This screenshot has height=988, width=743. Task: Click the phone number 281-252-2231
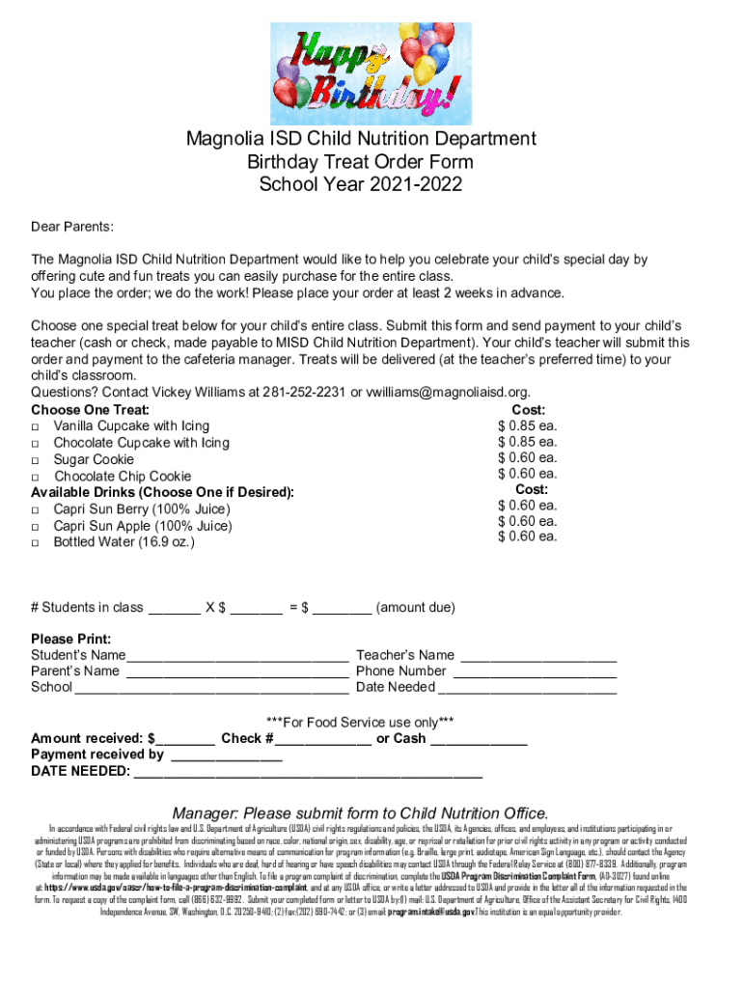(x=301, y=392)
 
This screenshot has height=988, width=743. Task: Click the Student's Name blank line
(x=238, y=657)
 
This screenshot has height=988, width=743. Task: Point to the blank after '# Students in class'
(x=175, y=610)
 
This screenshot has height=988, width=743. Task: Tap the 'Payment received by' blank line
(x=225, y=756)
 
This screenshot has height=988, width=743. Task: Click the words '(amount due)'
(x=415, y=608)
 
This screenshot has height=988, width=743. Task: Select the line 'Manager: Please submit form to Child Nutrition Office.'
(x=360, y=812)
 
